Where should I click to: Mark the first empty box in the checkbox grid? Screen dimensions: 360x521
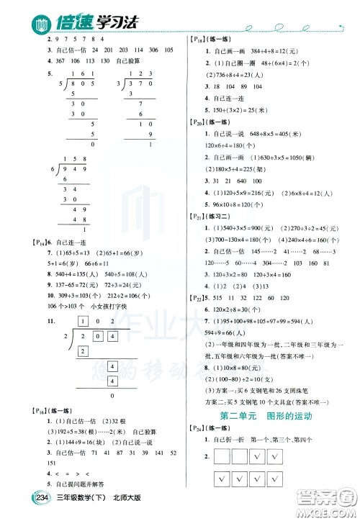coord(222,455)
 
